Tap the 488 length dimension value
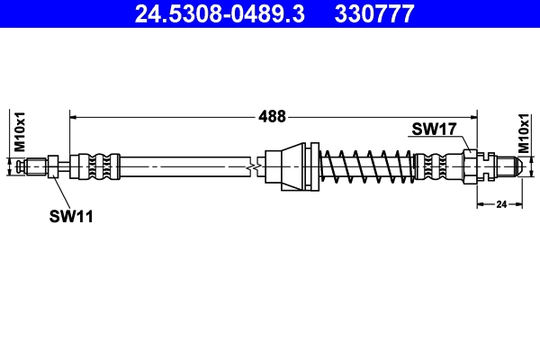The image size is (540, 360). [272, 116]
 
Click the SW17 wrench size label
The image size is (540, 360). [435, 129]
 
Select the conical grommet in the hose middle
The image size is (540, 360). [292, 166]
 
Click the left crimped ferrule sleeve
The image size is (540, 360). [97, 166]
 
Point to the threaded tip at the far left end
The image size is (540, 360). [36, 166]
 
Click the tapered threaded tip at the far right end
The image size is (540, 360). [508, 166]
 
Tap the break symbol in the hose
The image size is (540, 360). [257, 166]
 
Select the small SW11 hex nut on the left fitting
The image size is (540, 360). [54, 166]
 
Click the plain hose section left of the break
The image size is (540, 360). [180, 166]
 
